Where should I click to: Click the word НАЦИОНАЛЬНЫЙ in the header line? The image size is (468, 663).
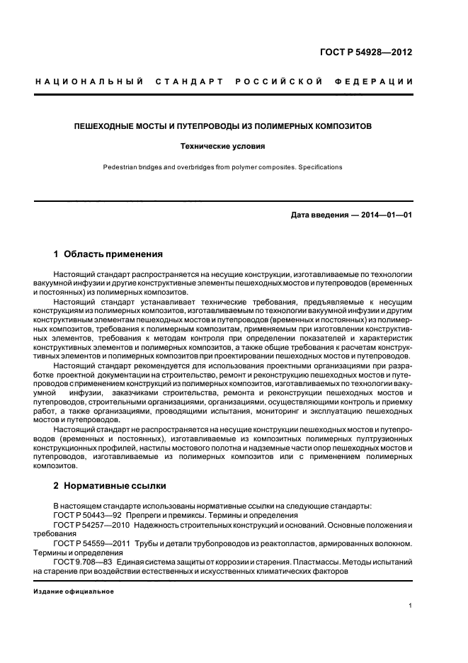pyautogui.click(x=89, y=83)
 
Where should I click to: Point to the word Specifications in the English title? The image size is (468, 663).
pyautogui.click(x=320, y=168)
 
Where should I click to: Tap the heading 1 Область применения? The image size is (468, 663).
pyautogui.click(x=108, y=254)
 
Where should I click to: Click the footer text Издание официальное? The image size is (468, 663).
pyautogui.click(x=74, y=591)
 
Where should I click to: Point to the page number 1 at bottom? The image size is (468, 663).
pyautogui.click(x=410, y=606)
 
